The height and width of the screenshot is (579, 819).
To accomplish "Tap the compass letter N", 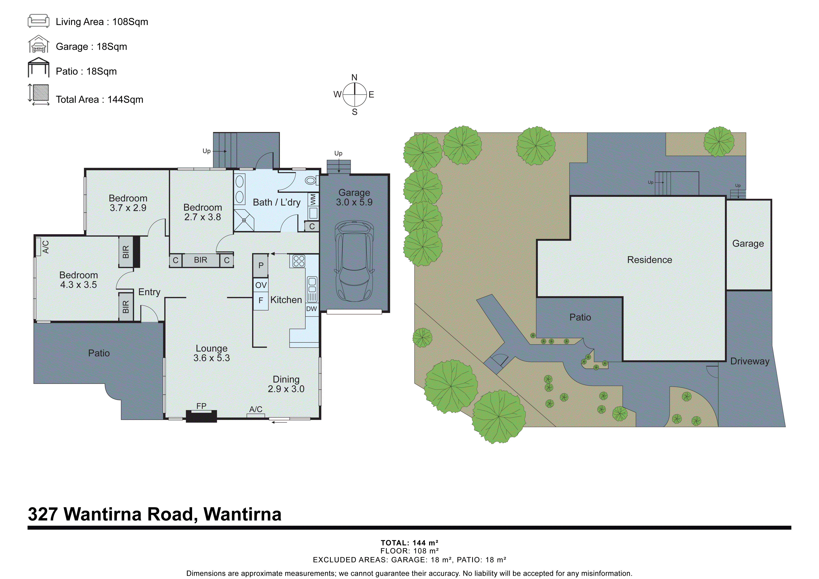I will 354,77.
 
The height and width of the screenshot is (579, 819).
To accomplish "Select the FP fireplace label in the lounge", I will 201,406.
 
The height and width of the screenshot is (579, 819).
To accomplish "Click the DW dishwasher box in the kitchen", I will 311,309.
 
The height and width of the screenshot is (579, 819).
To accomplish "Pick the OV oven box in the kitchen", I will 261,285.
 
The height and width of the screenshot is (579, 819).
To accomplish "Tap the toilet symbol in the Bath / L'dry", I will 311,181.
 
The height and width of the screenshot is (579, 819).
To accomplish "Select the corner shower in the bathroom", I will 244,220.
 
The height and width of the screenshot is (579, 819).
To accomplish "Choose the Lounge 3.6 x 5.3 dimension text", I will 212,358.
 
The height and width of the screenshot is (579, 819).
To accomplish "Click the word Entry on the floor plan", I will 149,292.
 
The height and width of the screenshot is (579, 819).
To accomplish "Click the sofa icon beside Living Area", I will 38,21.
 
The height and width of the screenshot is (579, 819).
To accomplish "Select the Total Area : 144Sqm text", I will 99,99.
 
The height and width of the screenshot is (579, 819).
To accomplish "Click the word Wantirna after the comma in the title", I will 242,514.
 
